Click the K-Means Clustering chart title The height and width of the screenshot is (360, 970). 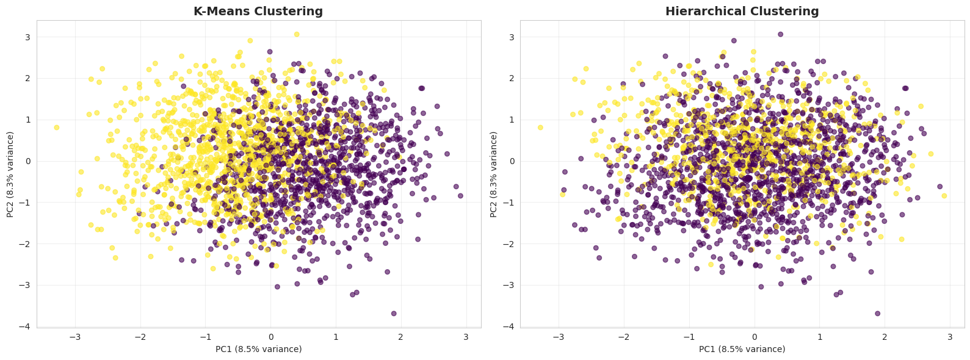tap(258, 11)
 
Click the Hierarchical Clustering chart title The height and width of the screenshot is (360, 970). tap(742, 11)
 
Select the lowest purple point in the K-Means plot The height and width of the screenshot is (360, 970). tap(394, 313)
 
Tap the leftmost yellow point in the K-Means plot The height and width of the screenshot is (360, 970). tap(57, 128)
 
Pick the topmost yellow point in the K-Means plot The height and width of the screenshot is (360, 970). tap(297, 34)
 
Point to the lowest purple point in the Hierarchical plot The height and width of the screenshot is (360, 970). tap(877, 313)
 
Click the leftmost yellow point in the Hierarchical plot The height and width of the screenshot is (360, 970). tap(540, 128)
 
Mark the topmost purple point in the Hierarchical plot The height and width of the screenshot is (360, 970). tap(780, 34)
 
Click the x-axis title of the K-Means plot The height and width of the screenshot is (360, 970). tap(258, 349)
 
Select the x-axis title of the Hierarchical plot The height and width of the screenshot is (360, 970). tap(742, 349)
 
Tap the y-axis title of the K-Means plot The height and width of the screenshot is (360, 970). tap(10, 174)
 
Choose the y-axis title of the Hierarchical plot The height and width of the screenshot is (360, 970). tap(494, 174)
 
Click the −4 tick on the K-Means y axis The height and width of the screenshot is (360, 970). tap(27, 326)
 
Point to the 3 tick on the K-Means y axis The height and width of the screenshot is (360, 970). tap(27, 37)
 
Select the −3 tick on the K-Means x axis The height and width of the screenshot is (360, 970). tap(75, 337)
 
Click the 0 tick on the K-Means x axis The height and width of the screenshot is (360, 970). tap(270, 337)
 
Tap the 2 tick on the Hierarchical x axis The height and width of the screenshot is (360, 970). tap(885, 337)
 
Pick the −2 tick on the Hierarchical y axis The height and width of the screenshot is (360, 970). tap(510, 243)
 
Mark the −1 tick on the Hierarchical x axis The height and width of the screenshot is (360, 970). tap(689, 337)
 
